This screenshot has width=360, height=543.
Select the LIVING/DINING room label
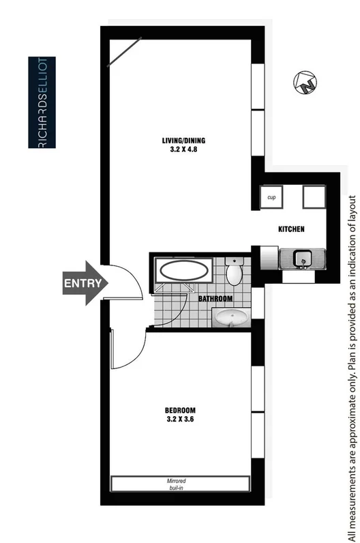[183, 141]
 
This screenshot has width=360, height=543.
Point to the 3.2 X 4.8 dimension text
[183, 151]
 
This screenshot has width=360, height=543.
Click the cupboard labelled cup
[271, 197]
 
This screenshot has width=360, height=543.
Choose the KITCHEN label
[290, 229]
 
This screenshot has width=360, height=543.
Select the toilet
[233, 272]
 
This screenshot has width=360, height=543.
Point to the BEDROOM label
[181, 410]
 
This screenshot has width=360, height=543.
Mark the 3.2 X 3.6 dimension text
[181, 420]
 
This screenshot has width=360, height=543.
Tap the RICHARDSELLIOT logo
[42, 103]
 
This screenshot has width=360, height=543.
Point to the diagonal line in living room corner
[124, 52]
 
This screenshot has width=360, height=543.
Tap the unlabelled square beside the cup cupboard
[316, 197]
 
